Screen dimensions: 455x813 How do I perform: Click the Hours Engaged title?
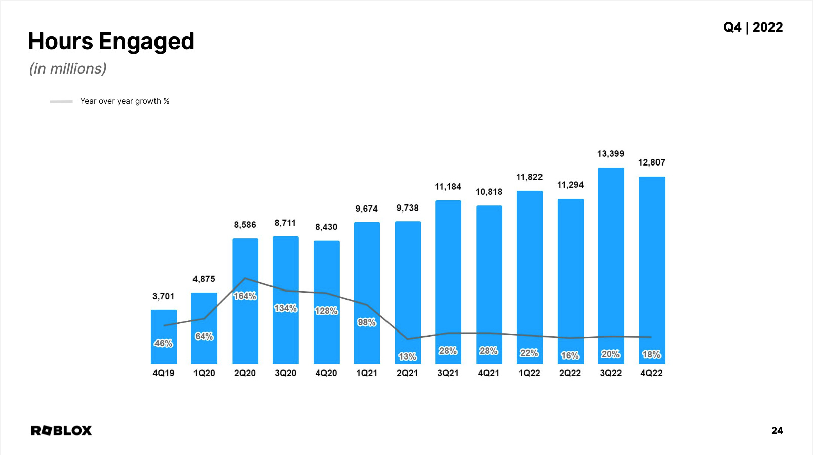coord(111,42)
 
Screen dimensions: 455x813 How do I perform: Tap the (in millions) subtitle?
coord(68,69)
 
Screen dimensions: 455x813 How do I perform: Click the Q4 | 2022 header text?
coord(753,27)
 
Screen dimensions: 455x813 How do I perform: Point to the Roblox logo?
coord(61,431)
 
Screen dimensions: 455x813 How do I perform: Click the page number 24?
coord(777,431)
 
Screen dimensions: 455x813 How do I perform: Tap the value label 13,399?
coord(610,154)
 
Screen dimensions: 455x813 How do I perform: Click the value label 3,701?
coord(163,297)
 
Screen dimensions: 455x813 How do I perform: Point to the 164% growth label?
coord(245,296)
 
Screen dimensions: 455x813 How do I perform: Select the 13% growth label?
coord(407,357)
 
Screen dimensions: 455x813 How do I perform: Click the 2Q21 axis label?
coord(407,373)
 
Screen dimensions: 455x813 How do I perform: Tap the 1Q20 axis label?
coord(204,373)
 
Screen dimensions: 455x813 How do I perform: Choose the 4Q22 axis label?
coord(651,373)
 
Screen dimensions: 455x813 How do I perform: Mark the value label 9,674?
coord(366,209)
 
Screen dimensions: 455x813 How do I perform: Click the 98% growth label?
coord(366,322)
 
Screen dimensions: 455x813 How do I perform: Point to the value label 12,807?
coord(651,162)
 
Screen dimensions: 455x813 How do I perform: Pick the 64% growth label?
coord(204,336)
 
